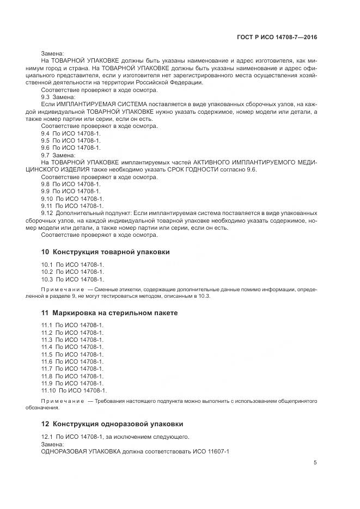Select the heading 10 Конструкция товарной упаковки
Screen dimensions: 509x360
[x=106, y=252]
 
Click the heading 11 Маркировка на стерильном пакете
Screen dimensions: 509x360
[x=109, y=313]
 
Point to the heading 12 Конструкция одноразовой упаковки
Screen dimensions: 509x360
[x=112, y=424]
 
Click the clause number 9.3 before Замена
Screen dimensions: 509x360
[x=46, y=96]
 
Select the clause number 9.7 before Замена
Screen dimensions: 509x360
[x=46, y=155]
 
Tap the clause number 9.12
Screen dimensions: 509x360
[x=47, y=213]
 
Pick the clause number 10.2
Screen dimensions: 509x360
[x=47, y=272]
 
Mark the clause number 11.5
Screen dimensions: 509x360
[x=47, y=354]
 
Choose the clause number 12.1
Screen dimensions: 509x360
[x=47, y=437]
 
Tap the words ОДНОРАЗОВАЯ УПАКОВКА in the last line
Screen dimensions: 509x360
[x=78, y=451]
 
